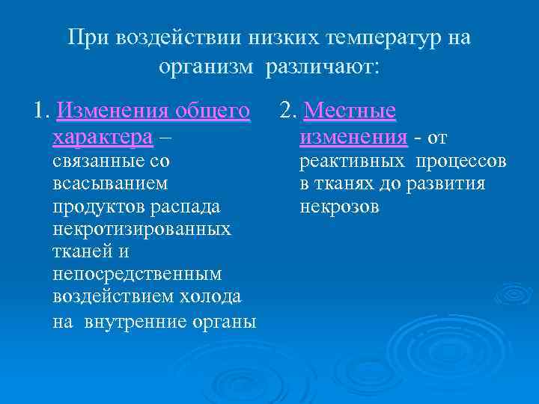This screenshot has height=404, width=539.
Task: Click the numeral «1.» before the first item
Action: click(x=42, y=111)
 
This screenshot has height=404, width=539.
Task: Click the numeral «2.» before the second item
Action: click(x=288, y=111)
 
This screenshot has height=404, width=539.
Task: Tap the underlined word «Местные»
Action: click(x=350, y=111)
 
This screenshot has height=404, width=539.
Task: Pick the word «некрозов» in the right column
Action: click(x=339, y=206)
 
